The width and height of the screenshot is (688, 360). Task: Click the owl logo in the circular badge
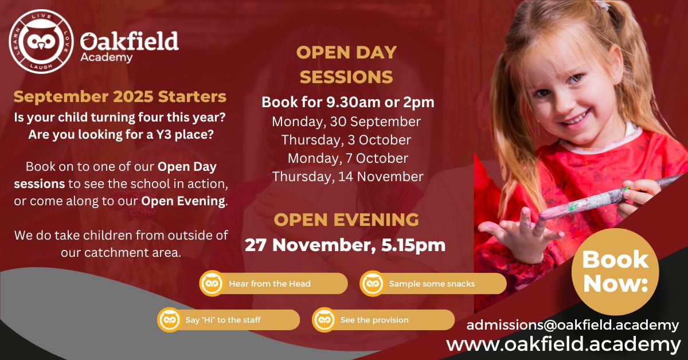click(x=41, y=41)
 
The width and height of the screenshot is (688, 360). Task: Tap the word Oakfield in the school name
click(x=130, y=41)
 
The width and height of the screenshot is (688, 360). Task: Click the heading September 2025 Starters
click(x=120, y=96)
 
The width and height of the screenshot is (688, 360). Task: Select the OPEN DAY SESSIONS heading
click(x=346, y=65)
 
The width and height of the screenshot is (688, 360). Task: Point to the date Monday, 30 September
click(x=346, y=122)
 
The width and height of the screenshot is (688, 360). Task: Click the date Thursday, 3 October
click(x=346, y=140)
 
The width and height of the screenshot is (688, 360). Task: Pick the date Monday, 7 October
click(x=348, y=158)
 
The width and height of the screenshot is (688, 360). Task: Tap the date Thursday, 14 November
click(x=347, y=177)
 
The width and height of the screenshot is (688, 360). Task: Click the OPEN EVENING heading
click(x=346, y=220)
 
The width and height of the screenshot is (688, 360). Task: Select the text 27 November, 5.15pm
click(x=345, y=245)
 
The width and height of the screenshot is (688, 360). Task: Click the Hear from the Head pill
click(x=273, y=283)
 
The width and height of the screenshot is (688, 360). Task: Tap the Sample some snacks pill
click(x=433, y=283)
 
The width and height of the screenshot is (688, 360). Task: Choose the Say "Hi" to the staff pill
click(x=229, y=320)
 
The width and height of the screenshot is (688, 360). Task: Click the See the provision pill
click(x=384, y=320)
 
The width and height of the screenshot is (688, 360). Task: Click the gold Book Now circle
click(x=615, y=272)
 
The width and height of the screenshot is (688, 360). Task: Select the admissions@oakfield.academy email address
click(x=573, y=325)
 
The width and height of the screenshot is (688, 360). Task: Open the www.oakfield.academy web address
click(x=563, y=345)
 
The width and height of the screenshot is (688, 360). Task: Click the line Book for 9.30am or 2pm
click(x=348, y=102)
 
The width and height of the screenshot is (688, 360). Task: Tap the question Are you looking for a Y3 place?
click(x=121, y=135)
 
